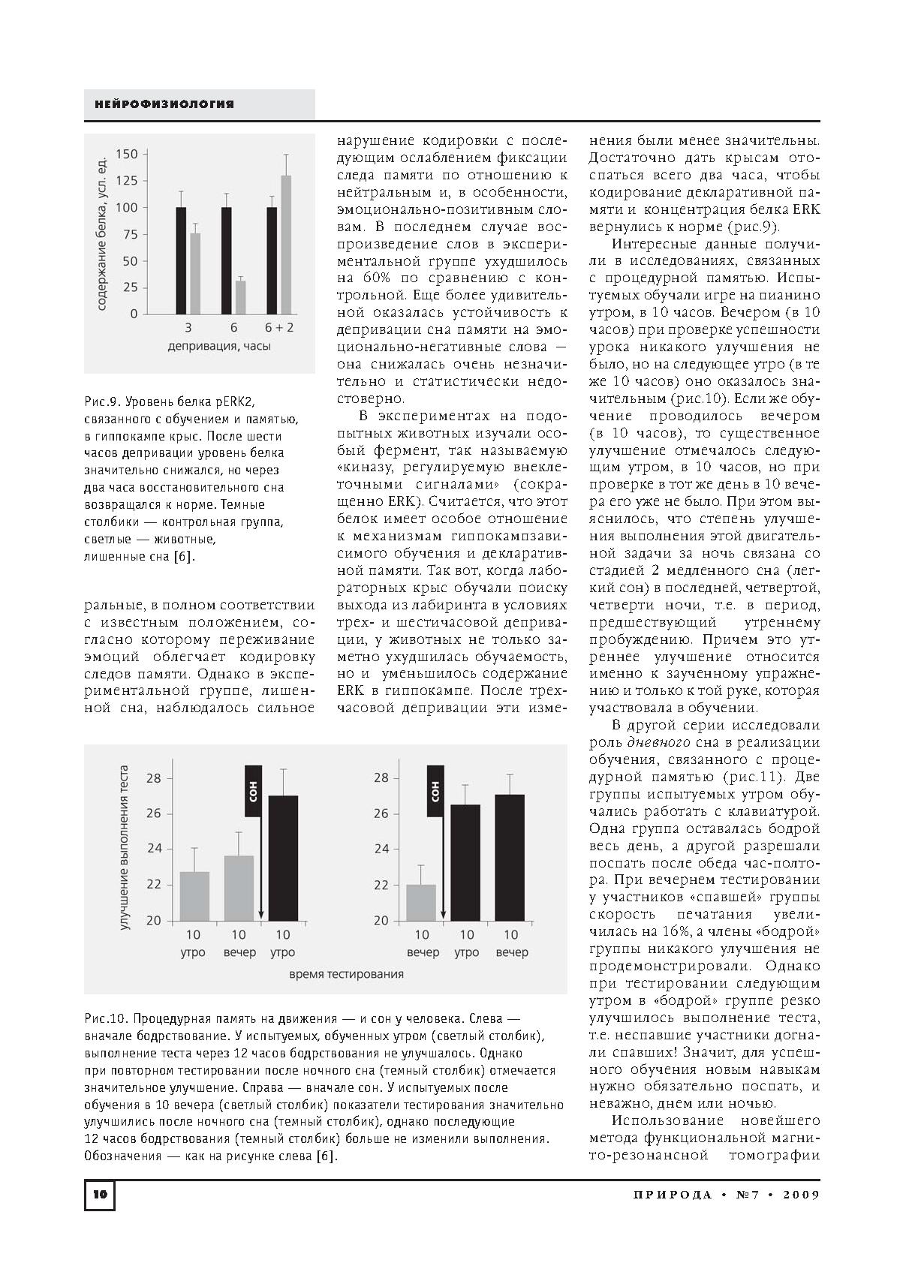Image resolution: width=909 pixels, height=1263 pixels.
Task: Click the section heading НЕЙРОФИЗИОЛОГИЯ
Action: point(164,104)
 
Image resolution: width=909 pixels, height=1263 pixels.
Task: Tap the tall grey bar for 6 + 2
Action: point(286,245)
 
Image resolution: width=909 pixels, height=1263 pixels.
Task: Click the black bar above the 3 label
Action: point(181,260)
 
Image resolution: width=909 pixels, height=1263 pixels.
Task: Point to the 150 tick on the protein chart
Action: point(128,155)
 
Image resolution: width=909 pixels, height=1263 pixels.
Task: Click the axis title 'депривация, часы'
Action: point(219,346)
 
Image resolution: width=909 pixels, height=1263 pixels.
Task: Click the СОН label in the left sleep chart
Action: point(253,791)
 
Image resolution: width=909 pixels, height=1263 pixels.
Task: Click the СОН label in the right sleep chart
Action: point(435,791)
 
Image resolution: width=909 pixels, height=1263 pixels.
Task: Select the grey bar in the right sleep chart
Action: point(421,902)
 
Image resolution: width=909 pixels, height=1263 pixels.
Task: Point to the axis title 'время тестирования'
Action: point(346,974)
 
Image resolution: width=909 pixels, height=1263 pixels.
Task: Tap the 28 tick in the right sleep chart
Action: point(381,778)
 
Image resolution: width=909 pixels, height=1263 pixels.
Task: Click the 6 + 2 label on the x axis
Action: point(279,327)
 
